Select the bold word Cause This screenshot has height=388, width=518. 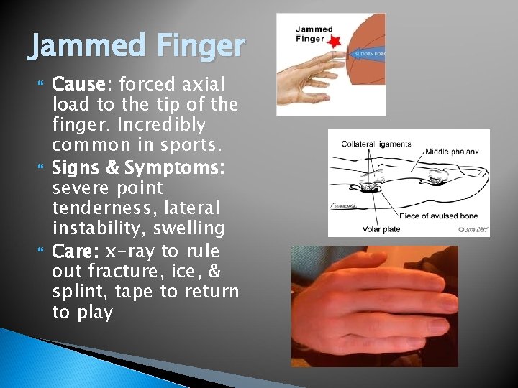[78, 84]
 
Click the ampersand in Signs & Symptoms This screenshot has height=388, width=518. [112, 167]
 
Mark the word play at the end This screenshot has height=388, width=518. [94, 313]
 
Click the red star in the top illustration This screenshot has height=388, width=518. [333, 45]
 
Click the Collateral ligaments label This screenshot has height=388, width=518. [376, 144]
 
